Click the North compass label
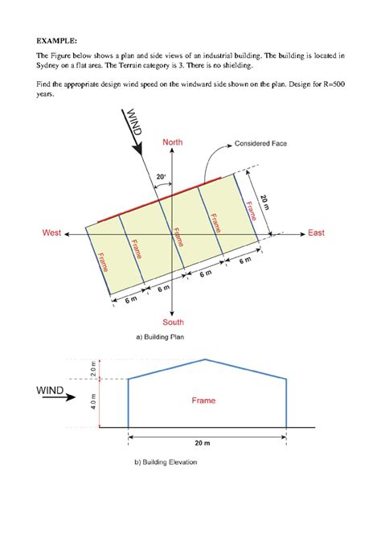pos(173,142)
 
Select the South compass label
pos(174,322)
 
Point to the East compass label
pos(316,233)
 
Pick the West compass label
pos(51,233)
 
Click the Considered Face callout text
pos(260,144)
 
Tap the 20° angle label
pos(161,175)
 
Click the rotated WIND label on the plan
pos(133,124)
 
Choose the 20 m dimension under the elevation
pos(207,444)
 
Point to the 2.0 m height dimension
pos(93,369)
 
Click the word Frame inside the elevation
pos(203,400)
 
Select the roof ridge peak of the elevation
pos(207,359)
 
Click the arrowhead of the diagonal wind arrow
pos(141,150)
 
